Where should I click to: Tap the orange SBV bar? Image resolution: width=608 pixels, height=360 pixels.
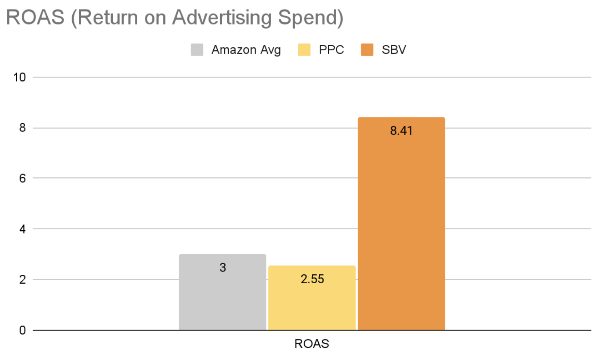[401, 228]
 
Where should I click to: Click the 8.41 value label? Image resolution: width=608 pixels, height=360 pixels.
[401, 131]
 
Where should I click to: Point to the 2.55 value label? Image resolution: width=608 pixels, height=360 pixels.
[312, 279]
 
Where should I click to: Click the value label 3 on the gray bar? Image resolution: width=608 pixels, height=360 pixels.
[223, 267]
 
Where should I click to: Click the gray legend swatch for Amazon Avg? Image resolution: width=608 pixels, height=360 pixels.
[197, 50]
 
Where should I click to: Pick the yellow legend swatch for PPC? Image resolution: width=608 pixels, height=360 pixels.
[304, 50]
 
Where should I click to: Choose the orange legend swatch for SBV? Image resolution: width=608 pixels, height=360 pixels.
[367, 50]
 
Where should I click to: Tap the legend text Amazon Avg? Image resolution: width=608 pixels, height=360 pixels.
[246, 50]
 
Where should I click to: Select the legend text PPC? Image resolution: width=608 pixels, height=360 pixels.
[331, 50]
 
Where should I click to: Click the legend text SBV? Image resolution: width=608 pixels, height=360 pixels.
[394, 50]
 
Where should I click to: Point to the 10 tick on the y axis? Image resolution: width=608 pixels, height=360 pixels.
[19, 77]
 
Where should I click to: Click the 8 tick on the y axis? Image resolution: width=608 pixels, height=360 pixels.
[22, 128]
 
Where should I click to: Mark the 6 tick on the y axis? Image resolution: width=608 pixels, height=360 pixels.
[22, 179]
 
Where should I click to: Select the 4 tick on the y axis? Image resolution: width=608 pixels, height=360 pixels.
[22, 229]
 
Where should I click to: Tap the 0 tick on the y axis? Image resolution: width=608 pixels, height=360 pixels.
[22, 331]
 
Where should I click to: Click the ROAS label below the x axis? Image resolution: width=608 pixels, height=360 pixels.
[312, 344]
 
